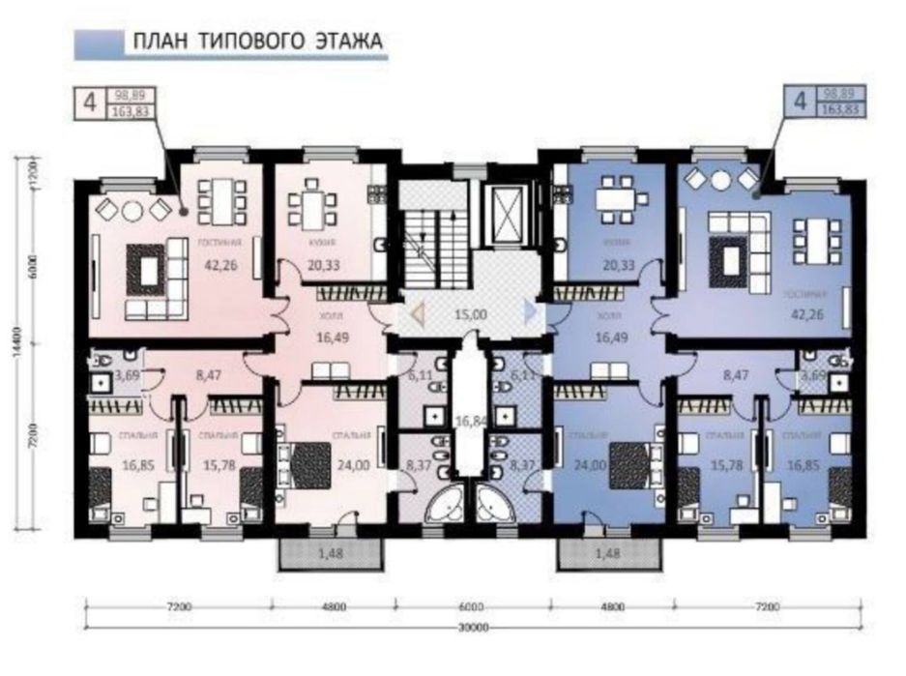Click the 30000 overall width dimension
pyautogui.click(x=473, y=628)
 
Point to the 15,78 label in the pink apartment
pyautogui.click(x=218, y=466)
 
